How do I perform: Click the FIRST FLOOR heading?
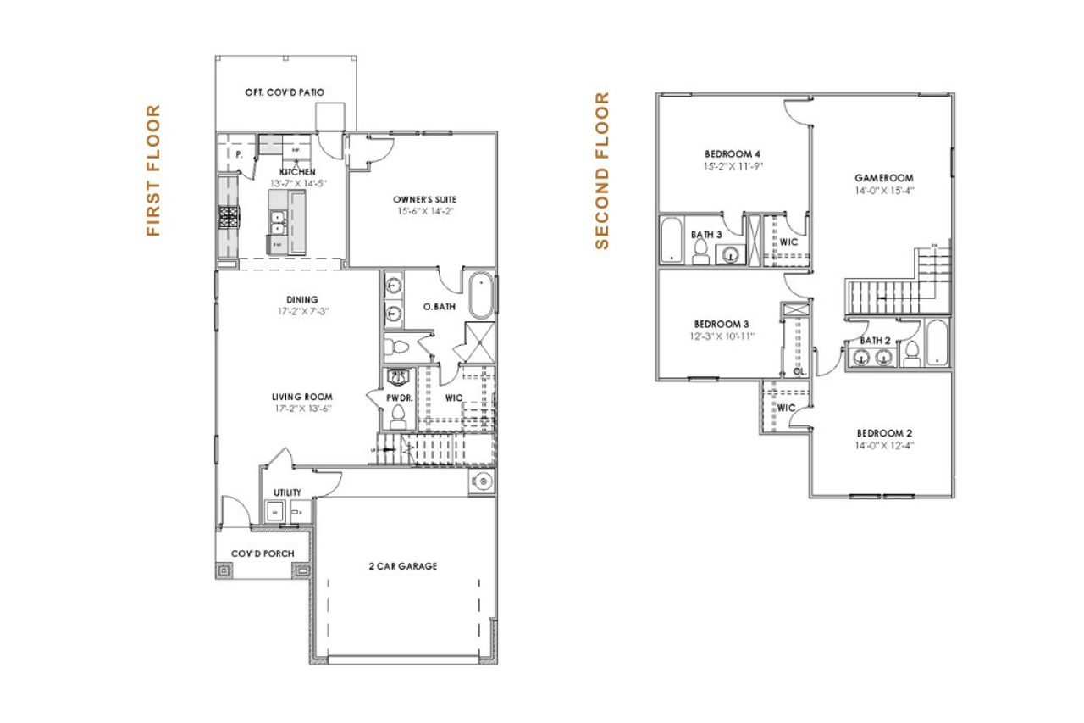(153, 170)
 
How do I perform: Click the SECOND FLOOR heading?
(602, 170)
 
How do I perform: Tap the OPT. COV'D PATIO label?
(285, 92)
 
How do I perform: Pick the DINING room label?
(301, 299)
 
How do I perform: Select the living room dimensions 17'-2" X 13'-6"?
(301, 408)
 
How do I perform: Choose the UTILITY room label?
(287, 492)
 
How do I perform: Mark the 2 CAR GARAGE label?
(403, 566)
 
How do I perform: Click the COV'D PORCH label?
(263, 554)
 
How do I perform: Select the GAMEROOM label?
(883, 178)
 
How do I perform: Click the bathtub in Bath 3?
(671, 241)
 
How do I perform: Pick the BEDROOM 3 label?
(722, 325)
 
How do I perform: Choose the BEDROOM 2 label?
(885, 431)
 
